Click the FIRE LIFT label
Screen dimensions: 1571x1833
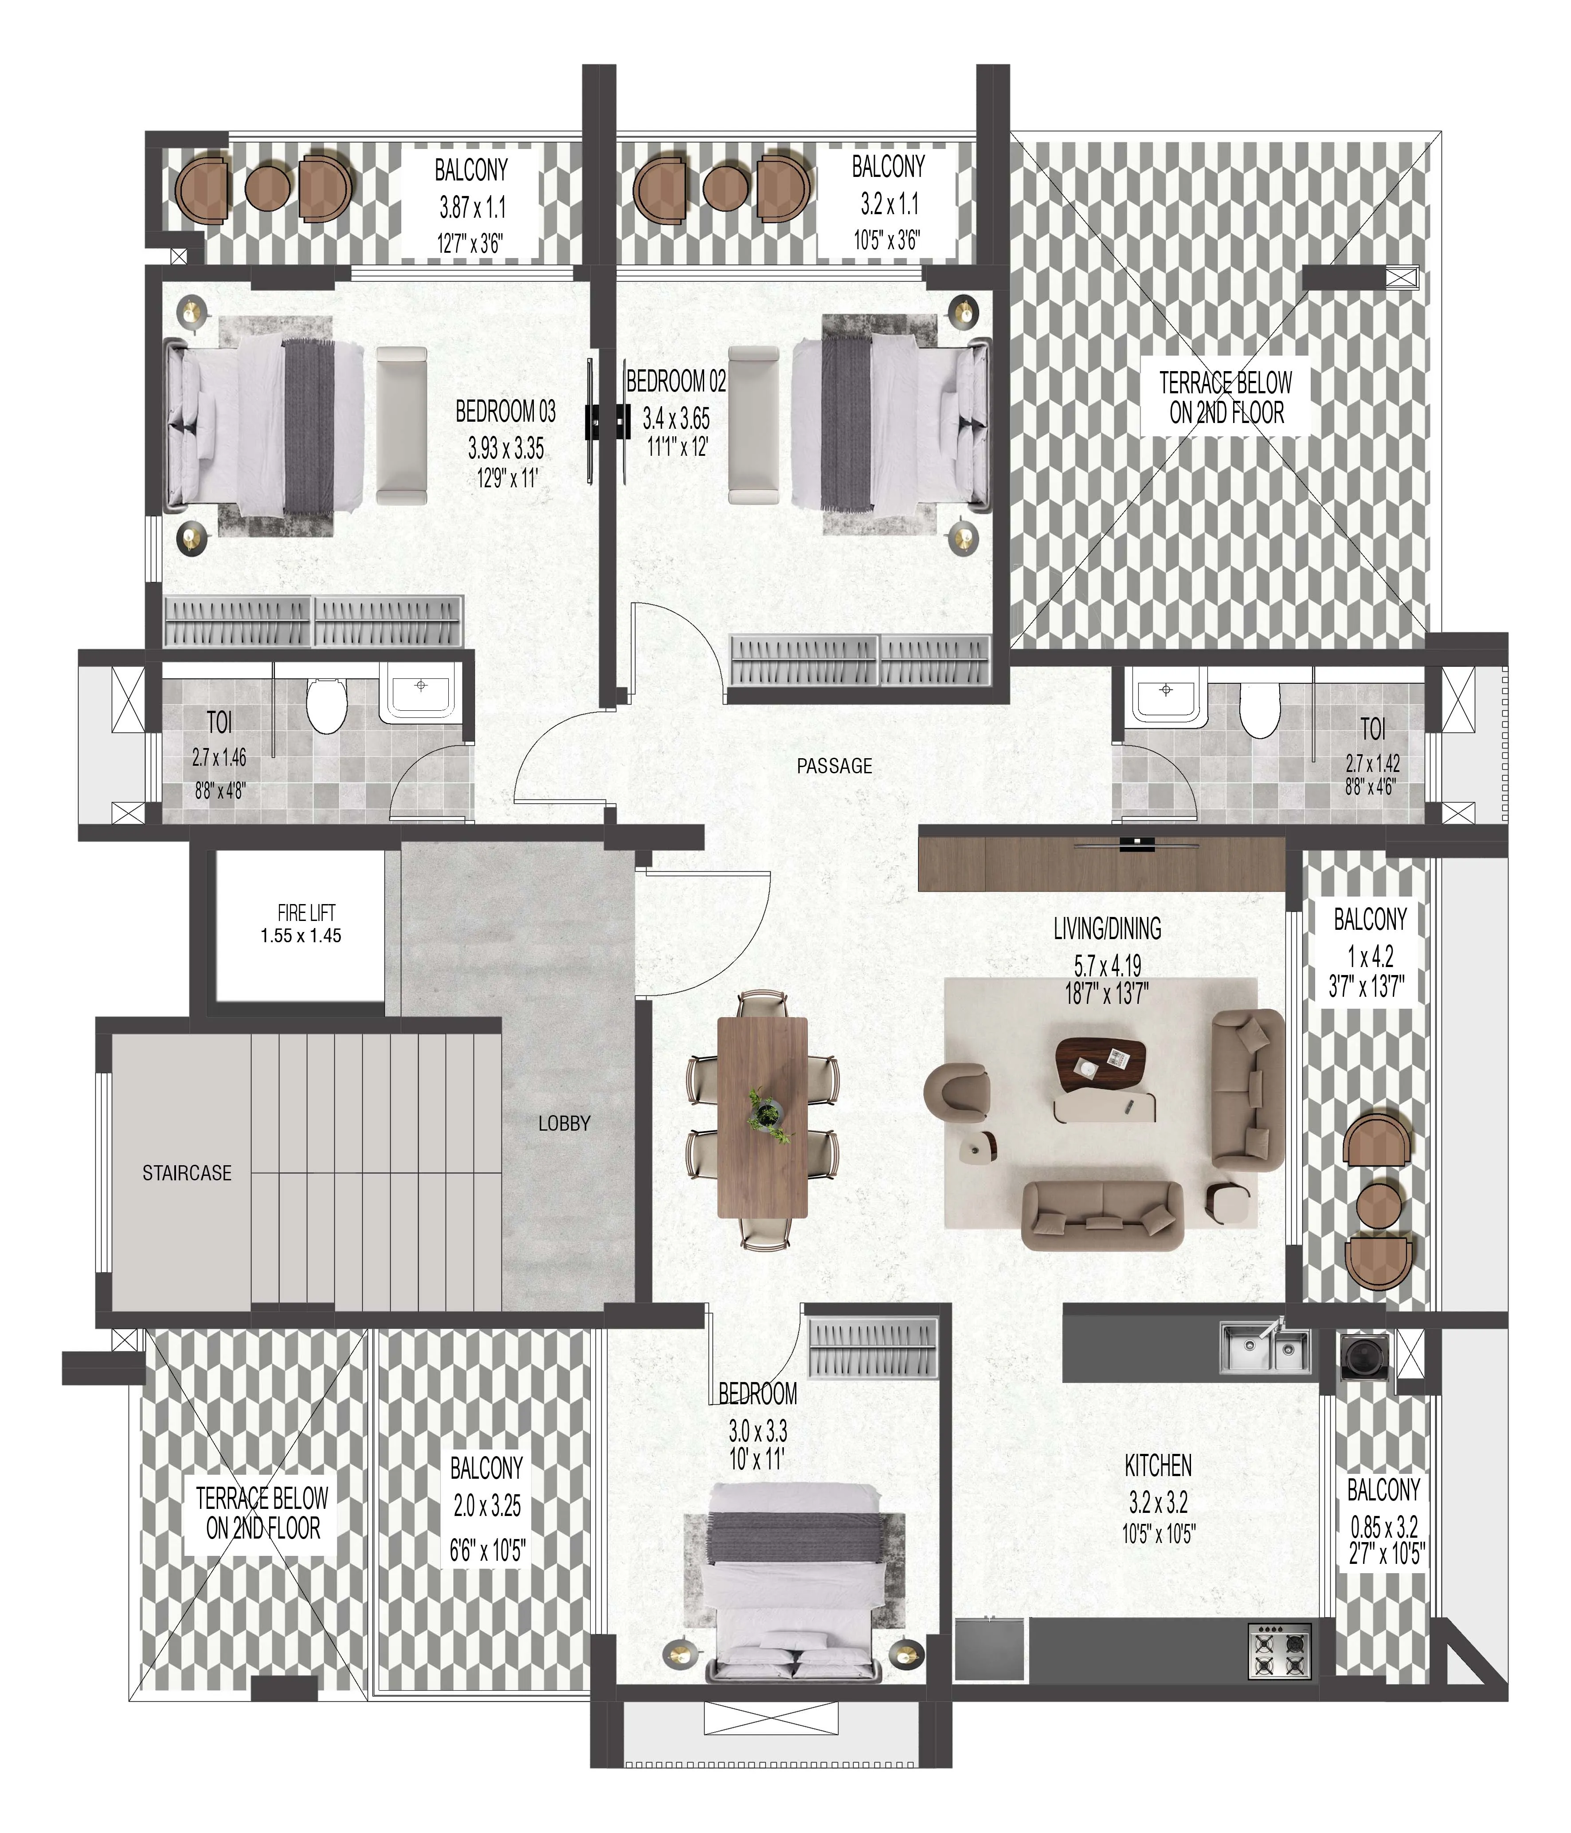(306, 912)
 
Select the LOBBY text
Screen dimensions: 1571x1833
(564, 1124)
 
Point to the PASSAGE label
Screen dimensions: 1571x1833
(834, 766)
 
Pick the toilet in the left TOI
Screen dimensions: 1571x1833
(326, 704)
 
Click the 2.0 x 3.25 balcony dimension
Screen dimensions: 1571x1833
(486, 1506)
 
